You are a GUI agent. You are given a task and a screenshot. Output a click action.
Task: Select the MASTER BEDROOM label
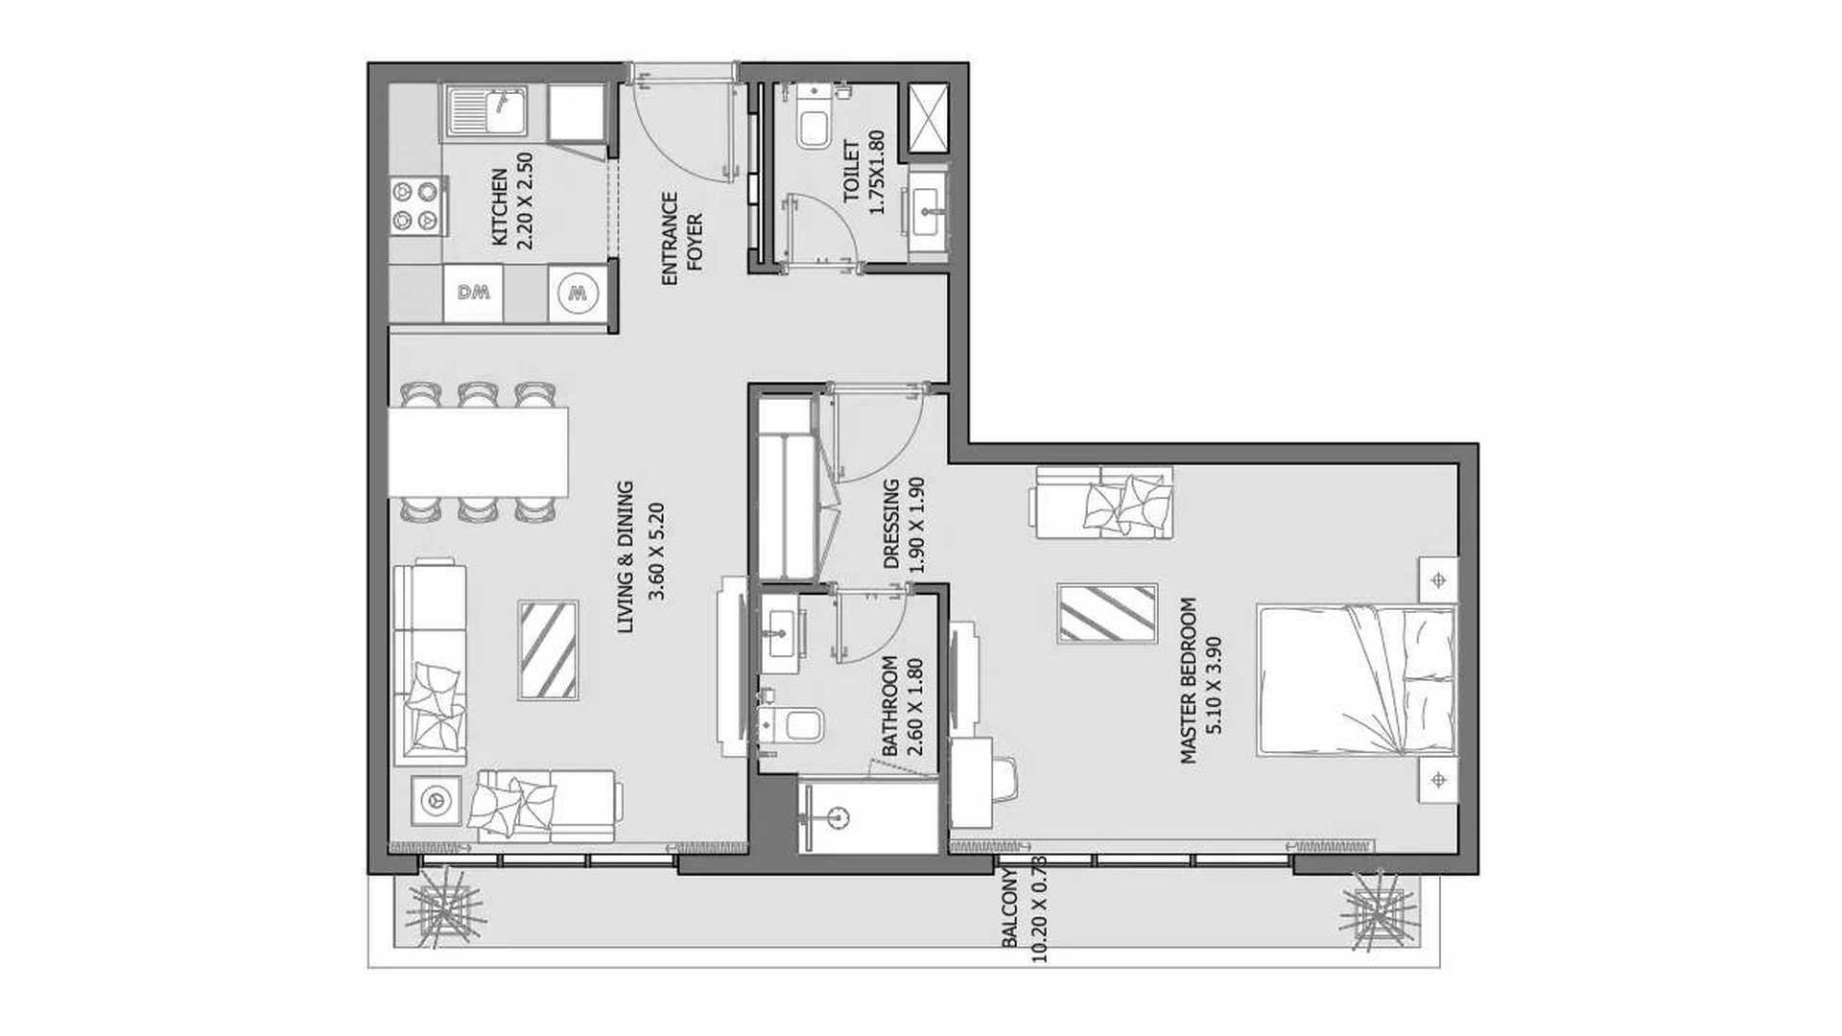[x=1189, y=680]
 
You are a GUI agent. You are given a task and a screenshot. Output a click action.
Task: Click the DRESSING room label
[x=891, y=525]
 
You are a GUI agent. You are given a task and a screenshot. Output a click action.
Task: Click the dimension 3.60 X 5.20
[x=657, y=553]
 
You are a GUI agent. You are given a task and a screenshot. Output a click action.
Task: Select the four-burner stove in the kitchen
[x=418, y=206]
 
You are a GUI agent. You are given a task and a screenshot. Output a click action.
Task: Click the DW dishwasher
[x=473, y=293]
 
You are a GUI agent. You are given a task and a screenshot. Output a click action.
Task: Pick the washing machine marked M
[x=578, y=293]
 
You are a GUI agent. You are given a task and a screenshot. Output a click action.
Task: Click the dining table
[x=478, y=452]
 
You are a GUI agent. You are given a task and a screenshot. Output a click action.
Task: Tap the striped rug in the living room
[x=548, y=650]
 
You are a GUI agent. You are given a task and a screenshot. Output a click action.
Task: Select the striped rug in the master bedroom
[x=1107, y=613]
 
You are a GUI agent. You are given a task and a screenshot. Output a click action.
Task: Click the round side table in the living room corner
[x=437, y=799]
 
